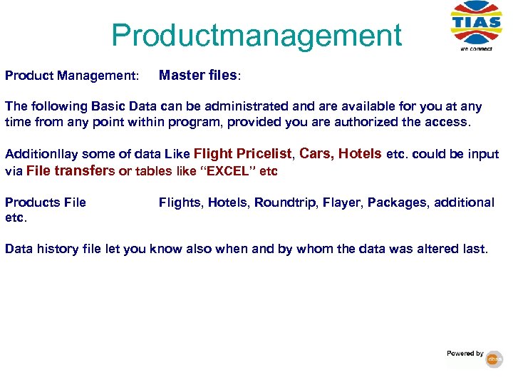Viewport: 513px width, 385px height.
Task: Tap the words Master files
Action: (199, 74)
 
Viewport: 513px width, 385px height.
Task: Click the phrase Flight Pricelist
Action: (242, 153)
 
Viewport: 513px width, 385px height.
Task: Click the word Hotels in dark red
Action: (360, 153)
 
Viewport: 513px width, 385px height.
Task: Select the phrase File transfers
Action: (70, 170)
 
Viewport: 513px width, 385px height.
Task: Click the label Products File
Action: (45, 202)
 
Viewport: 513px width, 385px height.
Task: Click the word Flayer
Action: (341, 202)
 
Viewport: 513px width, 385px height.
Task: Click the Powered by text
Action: (465, 354)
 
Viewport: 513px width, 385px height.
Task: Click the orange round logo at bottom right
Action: (494, 360)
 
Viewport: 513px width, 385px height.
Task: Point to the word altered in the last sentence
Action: (439, 249)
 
